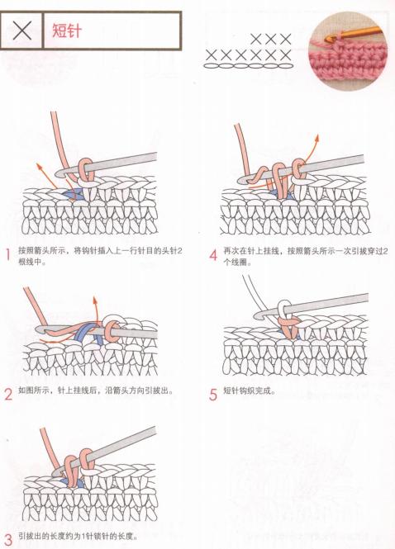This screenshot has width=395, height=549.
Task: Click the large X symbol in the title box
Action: [x=23, y=31]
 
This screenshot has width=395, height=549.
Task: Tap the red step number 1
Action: [x=8, y=256]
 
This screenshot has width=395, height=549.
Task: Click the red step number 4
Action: [x=212, y=256]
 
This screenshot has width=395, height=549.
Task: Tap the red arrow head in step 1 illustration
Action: [x=37, y=165]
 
